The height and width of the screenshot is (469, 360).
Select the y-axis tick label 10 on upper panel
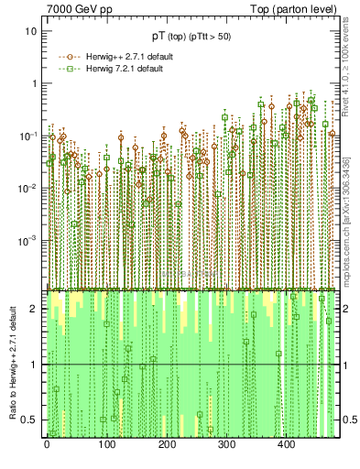[30, 30]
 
